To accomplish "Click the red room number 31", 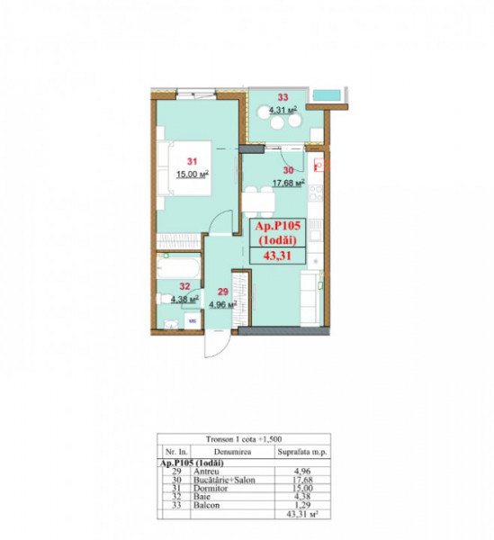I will tap(191, 160).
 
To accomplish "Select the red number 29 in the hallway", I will tap(220, 292).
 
